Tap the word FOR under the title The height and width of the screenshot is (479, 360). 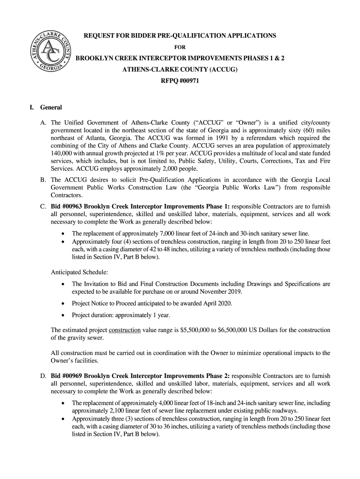point(180,47)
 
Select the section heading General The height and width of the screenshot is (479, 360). point(51,108)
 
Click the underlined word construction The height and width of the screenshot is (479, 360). point(124,330)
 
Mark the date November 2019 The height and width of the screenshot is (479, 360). point(220,292)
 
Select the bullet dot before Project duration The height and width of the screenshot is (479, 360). point(63,315)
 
